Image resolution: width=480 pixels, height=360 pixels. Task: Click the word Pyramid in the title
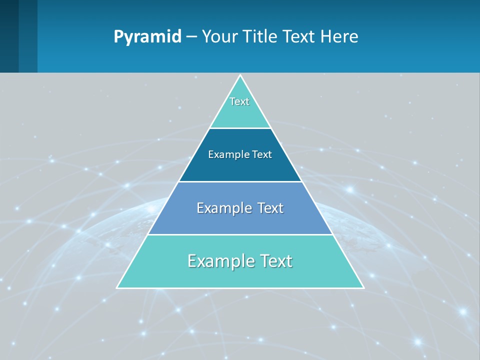tap(147, 37)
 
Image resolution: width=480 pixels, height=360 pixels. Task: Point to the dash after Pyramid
tap(191, 37)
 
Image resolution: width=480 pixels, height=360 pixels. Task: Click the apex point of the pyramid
tap(240, 75)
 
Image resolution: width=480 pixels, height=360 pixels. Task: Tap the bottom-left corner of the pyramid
tap(117, 287)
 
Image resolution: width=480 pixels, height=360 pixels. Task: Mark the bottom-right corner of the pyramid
tap(363, 287)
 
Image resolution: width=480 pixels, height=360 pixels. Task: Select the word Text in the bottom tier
tap(275, 261)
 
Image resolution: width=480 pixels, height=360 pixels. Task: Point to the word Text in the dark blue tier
tap(262, 154)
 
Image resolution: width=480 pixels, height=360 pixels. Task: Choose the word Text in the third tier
tap(270, 208)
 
